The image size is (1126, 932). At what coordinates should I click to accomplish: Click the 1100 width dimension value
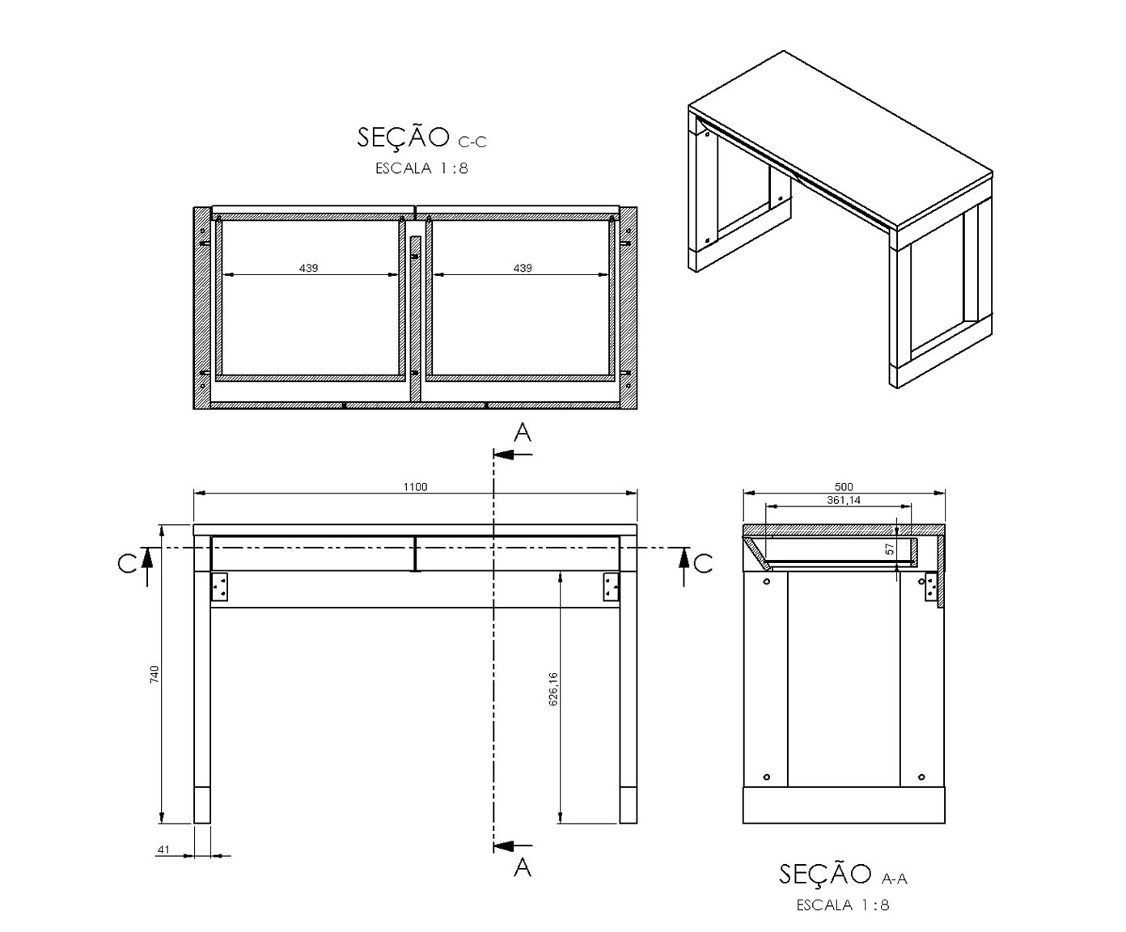415,487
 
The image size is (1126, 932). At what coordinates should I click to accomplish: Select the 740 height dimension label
155,674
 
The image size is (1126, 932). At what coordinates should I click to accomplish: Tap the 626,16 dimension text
553,689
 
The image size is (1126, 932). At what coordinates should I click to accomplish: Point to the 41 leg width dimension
163,849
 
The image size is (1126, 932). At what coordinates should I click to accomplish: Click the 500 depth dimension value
844,487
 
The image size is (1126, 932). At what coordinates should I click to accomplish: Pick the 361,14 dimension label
844,501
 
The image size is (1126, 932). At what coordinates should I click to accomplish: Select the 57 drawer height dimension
890,549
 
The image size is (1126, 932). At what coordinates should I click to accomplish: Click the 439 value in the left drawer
308,268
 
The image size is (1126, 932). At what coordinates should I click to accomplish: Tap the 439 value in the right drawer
523,268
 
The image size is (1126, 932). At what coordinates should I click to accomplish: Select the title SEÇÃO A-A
843,874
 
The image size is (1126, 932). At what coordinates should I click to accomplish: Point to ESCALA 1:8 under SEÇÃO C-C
421,168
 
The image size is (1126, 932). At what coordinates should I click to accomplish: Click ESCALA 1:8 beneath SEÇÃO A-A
843,905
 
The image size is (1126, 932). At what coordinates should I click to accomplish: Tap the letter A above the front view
522,432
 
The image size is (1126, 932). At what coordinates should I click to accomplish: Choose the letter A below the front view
522,867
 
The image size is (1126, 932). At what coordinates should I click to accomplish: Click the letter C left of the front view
127,564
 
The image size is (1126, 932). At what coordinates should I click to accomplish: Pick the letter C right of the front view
703,564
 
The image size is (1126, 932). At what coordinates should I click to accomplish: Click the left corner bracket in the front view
220,587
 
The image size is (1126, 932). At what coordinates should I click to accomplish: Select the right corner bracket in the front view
611,587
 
